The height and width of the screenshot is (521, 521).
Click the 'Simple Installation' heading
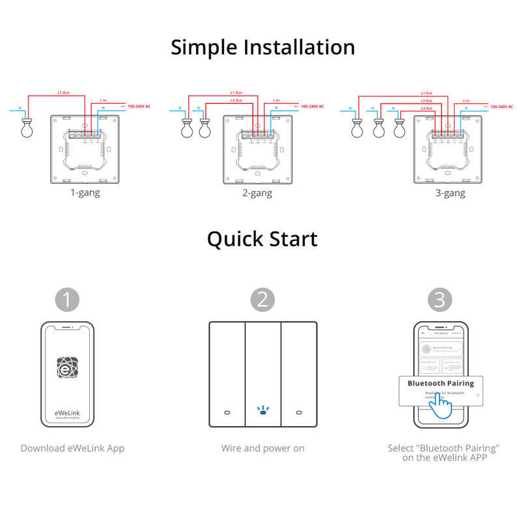pos(262,48)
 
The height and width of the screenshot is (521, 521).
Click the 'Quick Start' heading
pos(262,239)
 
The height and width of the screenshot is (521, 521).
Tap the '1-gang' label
pos(85,193)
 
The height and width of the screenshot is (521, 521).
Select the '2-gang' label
pos(257,193)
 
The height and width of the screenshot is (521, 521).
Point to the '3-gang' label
pos(450,193)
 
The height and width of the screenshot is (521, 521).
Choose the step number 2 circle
pos(262,300)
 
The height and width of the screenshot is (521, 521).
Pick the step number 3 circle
pos(440,300)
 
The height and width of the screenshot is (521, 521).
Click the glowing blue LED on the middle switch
pos(262,411)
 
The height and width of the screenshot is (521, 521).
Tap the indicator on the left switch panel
pos(226,413)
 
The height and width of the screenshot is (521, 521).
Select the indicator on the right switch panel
pos(299,413)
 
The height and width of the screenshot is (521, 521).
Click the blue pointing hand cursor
pos(441,408)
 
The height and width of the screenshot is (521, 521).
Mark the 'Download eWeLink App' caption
pos(72,448)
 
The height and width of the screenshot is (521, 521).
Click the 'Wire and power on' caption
pos(262,448)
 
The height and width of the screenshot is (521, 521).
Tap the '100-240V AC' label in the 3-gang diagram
pos(502,106)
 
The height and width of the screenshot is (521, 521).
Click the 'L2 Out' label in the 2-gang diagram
pos(236,100)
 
